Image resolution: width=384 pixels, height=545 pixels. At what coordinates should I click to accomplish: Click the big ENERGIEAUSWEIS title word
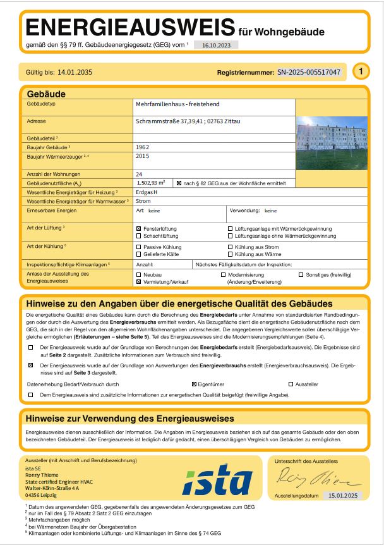tap(129, 28)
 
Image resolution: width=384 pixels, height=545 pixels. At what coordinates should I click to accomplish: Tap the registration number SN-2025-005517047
tap(309, 72)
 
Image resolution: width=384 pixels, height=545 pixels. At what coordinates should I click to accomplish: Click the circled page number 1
tap(361, 72)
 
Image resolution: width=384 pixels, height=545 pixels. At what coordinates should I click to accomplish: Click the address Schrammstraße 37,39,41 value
tap(188, 121)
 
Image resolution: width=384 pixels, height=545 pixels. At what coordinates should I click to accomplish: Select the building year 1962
tap(143, 146)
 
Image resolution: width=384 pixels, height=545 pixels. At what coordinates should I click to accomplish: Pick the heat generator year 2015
tap(143, 155)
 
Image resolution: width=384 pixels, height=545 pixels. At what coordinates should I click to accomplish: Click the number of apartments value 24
tap(139, 173)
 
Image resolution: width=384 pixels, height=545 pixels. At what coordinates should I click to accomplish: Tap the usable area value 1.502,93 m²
tap(151, 182)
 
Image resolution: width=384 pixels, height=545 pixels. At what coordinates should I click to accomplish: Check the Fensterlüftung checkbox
tap(139, 228)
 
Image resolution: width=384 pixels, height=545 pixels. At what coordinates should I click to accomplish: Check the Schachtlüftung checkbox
tap(139, 236)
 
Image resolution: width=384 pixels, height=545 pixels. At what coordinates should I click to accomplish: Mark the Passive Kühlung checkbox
tap(139, 247)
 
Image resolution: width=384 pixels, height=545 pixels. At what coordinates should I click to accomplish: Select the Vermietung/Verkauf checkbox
tap(139, 283)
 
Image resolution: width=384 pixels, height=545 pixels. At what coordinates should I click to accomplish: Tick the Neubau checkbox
tap(139, 276)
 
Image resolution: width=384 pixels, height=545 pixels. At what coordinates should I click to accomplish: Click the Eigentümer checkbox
tap(194, 384)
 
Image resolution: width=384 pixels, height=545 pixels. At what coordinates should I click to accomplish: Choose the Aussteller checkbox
tap(291, 384)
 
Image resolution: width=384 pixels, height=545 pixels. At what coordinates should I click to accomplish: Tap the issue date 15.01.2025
tap(344, 496)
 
